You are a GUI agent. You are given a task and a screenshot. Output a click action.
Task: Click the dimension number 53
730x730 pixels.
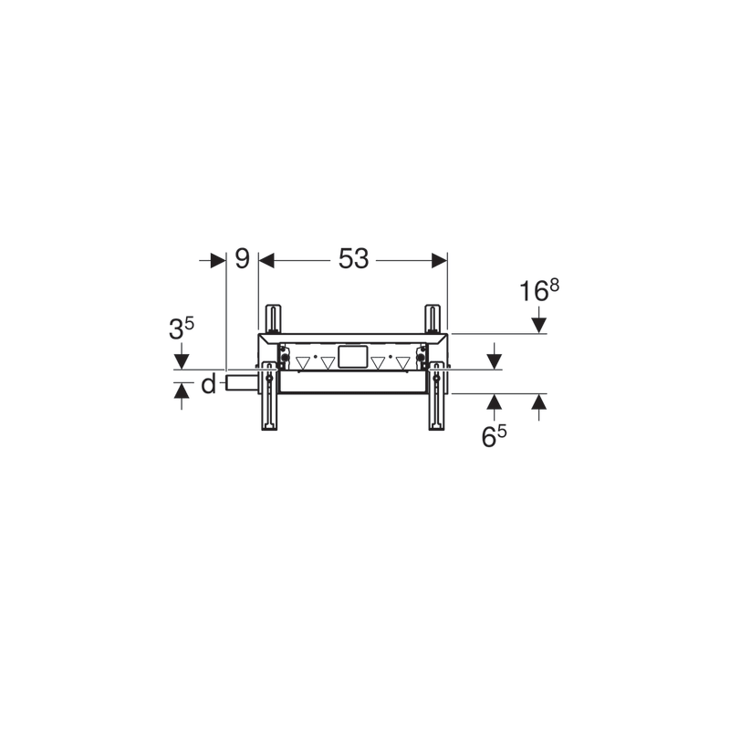[x=353, y=258]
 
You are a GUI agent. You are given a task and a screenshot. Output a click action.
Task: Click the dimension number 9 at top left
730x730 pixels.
[x=242, y=258]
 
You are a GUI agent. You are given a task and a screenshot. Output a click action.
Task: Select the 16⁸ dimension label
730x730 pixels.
[x=539, y=290]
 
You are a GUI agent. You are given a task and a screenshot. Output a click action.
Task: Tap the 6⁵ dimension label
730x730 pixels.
[x=494, y=436]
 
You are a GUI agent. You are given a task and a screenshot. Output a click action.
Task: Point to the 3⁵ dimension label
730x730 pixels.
[x=181, y=328]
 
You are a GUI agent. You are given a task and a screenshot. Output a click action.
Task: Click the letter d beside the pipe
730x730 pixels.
[x=209, y=384]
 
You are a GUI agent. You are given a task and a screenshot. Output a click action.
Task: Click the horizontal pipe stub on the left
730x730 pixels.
[x=242, y=381]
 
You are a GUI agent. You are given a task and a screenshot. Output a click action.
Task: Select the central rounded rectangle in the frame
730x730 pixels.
[x=353, y=357]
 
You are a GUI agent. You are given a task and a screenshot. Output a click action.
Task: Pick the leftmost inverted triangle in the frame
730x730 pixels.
[x=303, y=362]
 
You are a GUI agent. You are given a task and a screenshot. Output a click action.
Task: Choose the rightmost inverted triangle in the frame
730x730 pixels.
[x=402, y=362]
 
